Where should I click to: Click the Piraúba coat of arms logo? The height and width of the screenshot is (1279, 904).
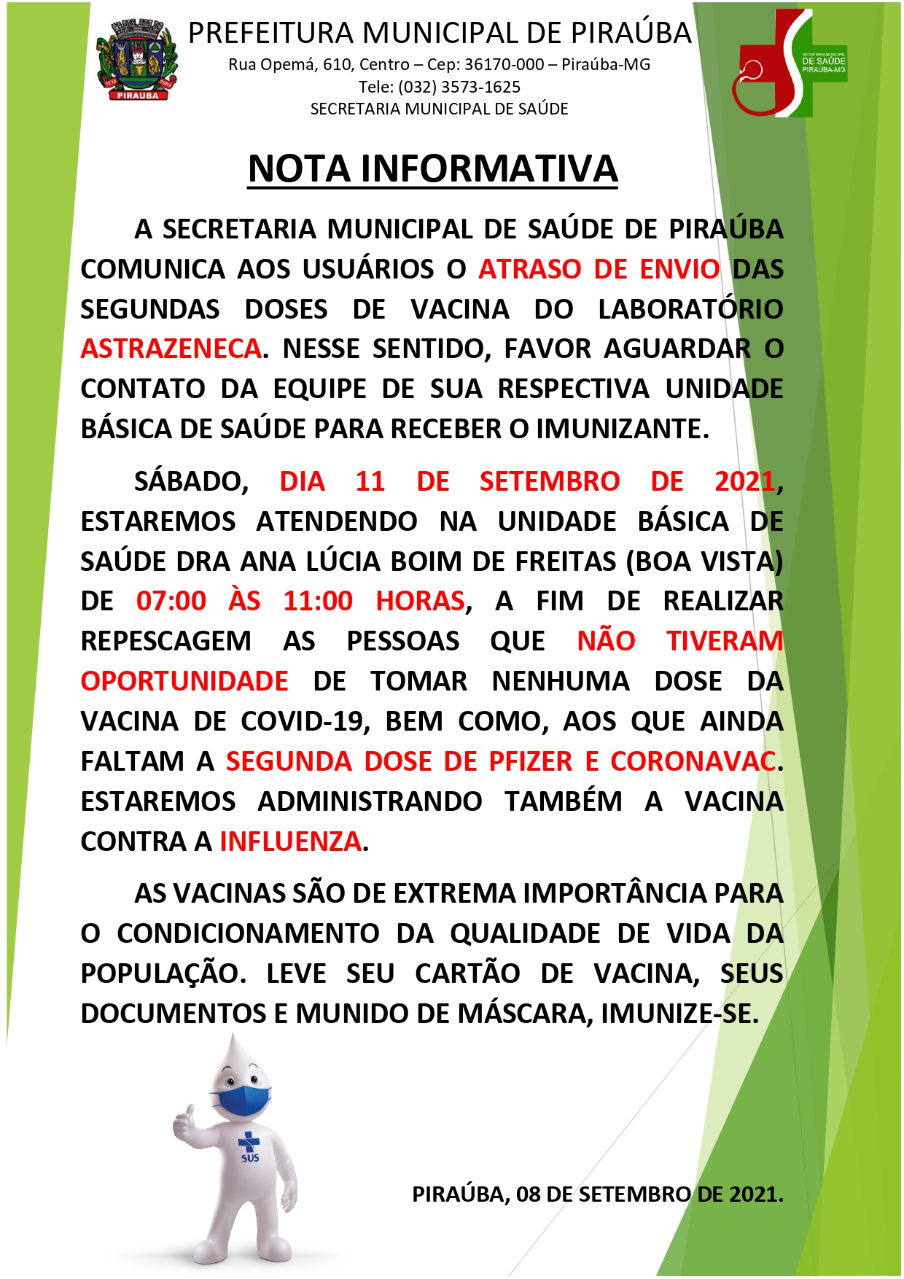[x=138, y=60]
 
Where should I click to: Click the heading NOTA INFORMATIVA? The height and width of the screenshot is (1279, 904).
[x=432, y=169]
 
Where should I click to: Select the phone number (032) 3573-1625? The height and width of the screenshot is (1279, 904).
[x=459, y=88]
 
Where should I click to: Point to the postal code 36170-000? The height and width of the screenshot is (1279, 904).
[x=504, y=65]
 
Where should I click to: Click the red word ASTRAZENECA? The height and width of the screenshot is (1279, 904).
[x=171, y=349]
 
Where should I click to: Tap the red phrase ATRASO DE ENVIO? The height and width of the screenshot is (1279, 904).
[x=599, y=269]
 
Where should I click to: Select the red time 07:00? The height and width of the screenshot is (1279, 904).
[x=171, y=602]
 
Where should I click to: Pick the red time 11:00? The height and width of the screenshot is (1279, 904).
[x=318, y=602]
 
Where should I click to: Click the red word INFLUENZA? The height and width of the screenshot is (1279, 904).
[x=290, y=841]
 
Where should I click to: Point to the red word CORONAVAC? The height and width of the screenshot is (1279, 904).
[x=693, y=761]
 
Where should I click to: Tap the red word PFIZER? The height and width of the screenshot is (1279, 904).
[x=531, y=761]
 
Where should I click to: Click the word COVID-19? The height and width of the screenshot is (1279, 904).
[x=302, y=721]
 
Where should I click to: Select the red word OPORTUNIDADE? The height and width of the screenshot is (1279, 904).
[x=184, y=681]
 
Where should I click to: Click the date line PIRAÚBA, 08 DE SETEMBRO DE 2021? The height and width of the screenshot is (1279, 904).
[x=597, y=1194]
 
